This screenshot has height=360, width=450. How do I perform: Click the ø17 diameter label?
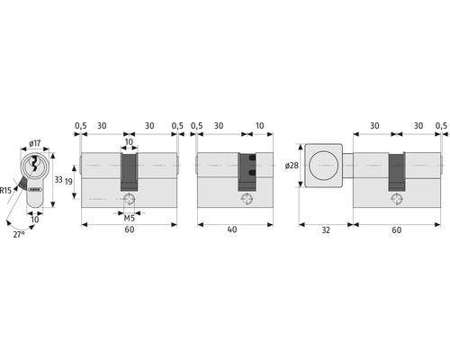pos(34,143)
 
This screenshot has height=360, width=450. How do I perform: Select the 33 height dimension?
pos(58,180)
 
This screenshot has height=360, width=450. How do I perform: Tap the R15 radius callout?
pos(7,190)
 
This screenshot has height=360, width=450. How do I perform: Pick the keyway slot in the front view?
pos(33,166)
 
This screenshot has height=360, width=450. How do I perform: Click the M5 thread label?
pos(130,216)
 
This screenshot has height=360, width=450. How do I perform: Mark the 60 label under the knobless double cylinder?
pos(130,230)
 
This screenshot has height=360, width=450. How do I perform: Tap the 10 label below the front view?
pos(33,219)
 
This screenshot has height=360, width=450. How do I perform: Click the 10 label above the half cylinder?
pos(259,126)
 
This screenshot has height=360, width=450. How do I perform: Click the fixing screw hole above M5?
pos(130,200)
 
